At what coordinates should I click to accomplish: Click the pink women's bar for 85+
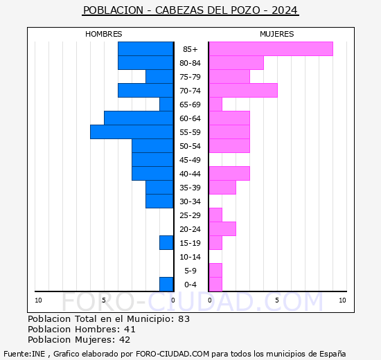click(270, 48)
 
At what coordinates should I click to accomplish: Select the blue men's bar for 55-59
click(132, 132)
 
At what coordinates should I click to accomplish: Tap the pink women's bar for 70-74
click(242, 90)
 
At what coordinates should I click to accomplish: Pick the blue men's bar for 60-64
click(139, 118)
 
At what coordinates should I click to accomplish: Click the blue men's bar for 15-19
click(166, 242)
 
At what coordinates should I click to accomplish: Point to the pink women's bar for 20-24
click(222, 228)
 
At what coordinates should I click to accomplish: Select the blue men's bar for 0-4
click(166, 284)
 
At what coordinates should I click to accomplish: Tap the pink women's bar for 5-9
click(215, 270)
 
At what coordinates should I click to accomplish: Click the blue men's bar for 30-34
click(159, 201)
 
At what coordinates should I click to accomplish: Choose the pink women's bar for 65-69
click(215, 104)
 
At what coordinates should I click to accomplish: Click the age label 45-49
click(190, 160)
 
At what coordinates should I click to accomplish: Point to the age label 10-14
click(190, 257)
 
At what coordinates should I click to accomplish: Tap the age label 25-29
click(190, 215)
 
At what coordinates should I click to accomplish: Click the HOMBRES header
click(104, 34)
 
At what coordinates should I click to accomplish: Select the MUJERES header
click(276, 34)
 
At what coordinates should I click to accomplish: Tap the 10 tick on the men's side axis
click(38, 300)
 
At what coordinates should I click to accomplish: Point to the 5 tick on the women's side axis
click(276, 300)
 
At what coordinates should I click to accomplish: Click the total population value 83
click(183, 319)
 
